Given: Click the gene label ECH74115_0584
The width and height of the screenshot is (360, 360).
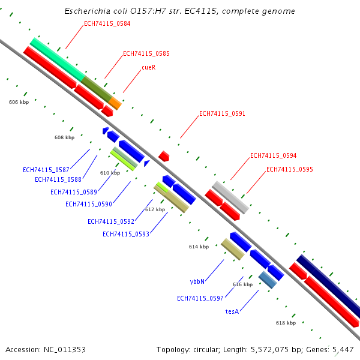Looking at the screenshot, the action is tap(107, 24).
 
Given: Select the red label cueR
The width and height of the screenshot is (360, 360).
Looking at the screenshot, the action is tap(148, 68).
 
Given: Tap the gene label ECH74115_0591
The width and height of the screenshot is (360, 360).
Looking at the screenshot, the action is tap(222, 113).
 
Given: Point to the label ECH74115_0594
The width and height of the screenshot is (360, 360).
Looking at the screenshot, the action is tap(273, 155).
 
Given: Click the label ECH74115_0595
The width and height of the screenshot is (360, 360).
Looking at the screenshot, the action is tap(289, 169).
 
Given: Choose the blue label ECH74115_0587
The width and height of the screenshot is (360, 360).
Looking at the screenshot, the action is tap(46, 170).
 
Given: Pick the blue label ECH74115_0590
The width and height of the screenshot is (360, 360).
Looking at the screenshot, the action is tap(88, 204).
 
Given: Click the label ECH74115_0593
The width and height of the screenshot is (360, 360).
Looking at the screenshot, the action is tap(125, 234).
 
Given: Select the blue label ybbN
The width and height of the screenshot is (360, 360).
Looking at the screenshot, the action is tap(197, 281).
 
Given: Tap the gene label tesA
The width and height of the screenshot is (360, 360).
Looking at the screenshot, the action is tap(232, 311).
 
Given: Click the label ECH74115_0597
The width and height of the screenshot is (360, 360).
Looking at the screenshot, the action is tap(200, 298).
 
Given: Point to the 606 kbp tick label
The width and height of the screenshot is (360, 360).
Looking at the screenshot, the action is tap(19, 102).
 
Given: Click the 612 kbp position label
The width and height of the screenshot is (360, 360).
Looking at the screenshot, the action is tap(155, 209).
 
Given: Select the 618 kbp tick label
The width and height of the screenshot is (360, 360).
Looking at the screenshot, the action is tap(286, 323).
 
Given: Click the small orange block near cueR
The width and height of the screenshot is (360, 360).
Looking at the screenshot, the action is tap(115, 104).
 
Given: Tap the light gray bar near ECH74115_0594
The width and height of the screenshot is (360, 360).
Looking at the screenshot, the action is tap(231, 197).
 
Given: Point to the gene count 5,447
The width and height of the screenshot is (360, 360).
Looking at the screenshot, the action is tap(341, 349).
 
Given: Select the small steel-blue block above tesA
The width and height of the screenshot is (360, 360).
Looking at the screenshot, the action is tap(268, 280).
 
